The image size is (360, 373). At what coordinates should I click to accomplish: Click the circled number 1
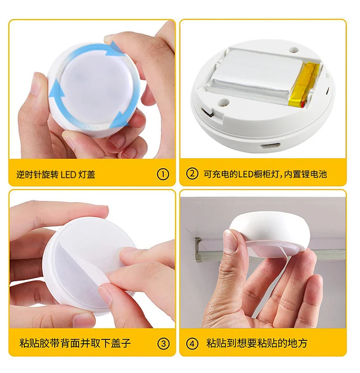pyautogui.click(x=163, y=174)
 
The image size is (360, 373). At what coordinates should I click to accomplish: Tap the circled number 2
pyautogui.click(x=192, y=174)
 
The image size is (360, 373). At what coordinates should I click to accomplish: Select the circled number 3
pyautogui.click(x=164, y=343)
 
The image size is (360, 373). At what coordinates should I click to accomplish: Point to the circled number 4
pyautogui.click(x=192, y=343)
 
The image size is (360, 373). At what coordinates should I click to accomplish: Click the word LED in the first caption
pyautogui.click(x=68, y=174)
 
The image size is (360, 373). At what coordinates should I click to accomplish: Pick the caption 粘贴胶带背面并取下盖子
pyautogui.click(x=75, y=343)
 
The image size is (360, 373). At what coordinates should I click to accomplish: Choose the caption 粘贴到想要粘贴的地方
pyautogui.click(x=257, y=343)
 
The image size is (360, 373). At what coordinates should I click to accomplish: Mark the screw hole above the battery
pyautogui.click(x=293, y=47)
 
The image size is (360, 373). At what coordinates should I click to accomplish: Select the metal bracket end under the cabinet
pyautogui.click(x=198, y=249)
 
